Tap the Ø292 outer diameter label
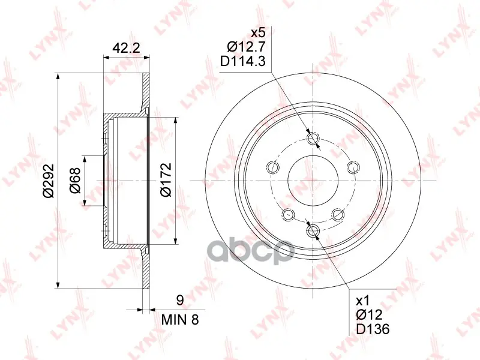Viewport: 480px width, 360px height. [49, 181]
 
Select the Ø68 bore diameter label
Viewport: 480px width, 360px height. [74, 180]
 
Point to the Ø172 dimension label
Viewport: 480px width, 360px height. [166, 179]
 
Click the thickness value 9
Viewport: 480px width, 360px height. [180, 300]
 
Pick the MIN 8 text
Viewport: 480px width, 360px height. [180, 320]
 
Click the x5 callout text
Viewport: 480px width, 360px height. [257, 32]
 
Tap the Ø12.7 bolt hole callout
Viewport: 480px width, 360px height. [246, 47]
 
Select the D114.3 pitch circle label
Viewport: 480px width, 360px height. [243, 62]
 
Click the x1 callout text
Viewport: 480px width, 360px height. [363, 301]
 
